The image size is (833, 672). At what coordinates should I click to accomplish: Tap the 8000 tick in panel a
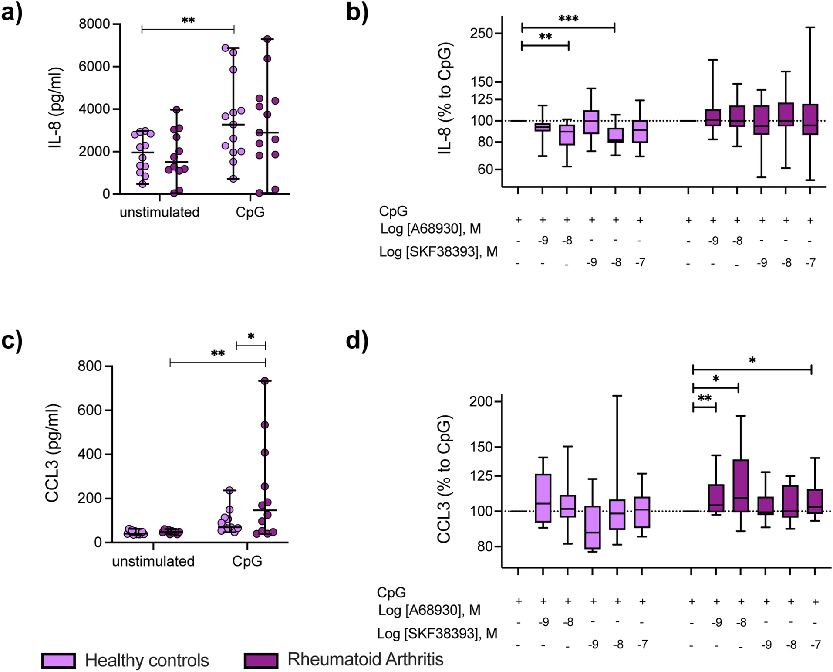(x=94, y=24)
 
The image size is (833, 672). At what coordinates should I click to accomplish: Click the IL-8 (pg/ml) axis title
(x=56, y=108)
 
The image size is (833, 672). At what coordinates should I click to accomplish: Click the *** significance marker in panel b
(x=568, y=19)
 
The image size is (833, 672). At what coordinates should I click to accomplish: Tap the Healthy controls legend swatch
(x=58, y=660)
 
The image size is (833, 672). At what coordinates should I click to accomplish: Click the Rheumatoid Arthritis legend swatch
(x=261, y=660)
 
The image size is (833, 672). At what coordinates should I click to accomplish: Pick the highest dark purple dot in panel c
(x=264, y=381)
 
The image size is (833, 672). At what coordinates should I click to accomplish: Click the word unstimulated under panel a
(x=159, y=212)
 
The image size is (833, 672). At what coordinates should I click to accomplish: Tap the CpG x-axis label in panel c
(x=247, y=561)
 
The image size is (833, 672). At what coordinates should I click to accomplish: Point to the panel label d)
(x=357, y=341)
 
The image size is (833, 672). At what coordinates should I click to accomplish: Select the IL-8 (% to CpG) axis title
(x=445, y=99)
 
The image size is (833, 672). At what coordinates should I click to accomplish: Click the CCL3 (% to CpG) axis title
(x=444, y=479)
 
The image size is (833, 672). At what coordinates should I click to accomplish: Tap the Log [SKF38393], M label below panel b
(x=438, y=252)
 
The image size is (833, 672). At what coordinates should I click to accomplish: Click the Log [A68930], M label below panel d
(x=429, y=610)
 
